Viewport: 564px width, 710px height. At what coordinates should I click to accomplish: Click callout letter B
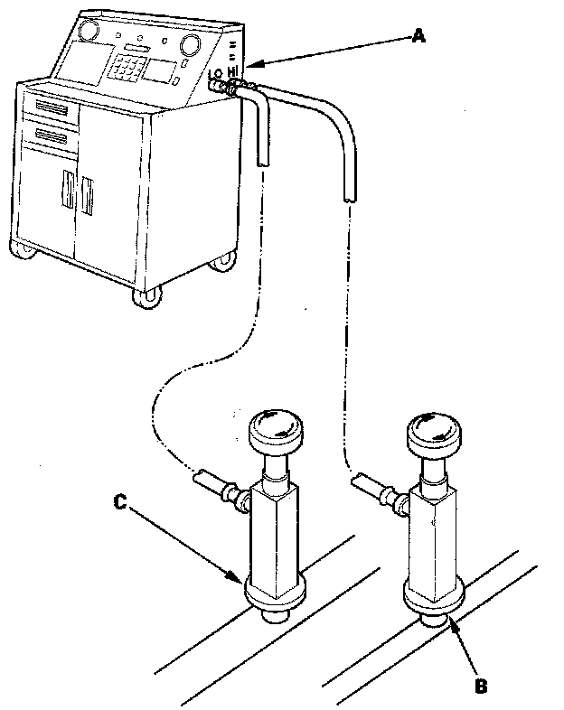pyautogui.click(x=482, y=685)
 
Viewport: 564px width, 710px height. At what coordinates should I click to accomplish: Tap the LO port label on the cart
pyautogui.click(x=214, y=75)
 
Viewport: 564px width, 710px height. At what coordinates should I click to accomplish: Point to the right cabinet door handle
pyautogui.click(x=88, y=196)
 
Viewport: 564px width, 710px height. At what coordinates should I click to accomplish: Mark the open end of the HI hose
pyautogui.click(x=349, y=195)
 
